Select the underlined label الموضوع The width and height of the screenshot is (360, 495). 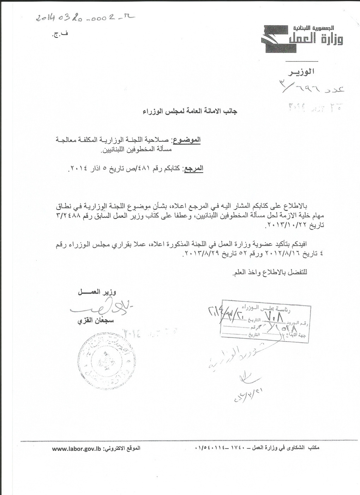coord(187,140)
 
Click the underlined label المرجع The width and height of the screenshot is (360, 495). coord(193,169)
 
